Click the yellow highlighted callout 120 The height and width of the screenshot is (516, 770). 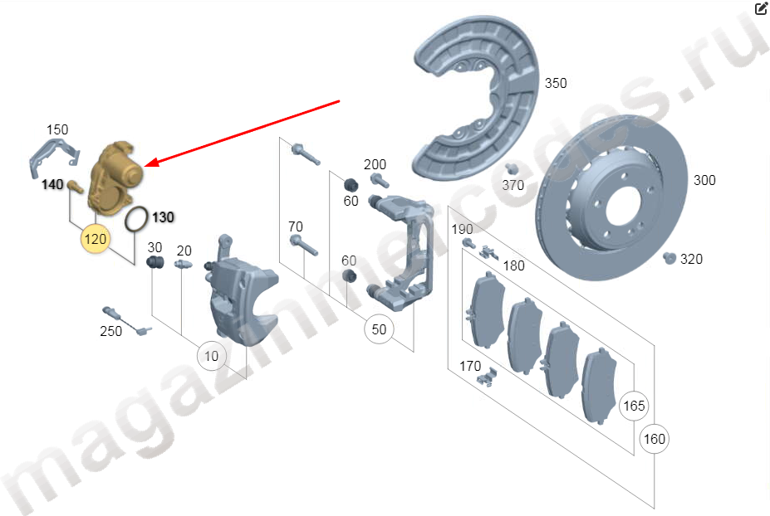[96, 239]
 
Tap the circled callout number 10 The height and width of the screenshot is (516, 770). [211, 356]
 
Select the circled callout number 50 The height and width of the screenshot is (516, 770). [379, 329]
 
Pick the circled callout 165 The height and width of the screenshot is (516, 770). [634, 406]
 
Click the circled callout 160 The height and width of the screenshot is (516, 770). [654, 439]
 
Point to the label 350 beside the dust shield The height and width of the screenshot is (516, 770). [556, 84]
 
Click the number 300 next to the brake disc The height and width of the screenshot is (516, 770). [704, 180]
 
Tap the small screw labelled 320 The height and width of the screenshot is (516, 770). [669, 257]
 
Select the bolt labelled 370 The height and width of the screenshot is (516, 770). [511, 168]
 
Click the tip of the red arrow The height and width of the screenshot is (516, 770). [145, 166]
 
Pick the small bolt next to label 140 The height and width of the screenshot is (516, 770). [75, 187]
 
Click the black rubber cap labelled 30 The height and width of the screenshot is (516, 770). [154, 262]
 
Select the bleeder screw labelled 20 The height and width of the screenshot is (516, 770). [182, 264]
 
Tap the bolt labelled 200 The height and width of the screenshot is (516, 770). [380, 181]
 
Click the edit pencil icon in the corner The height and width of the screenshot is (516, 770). [761, 7]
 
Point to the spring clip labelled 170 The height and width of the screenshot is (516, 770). [488, 377]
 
